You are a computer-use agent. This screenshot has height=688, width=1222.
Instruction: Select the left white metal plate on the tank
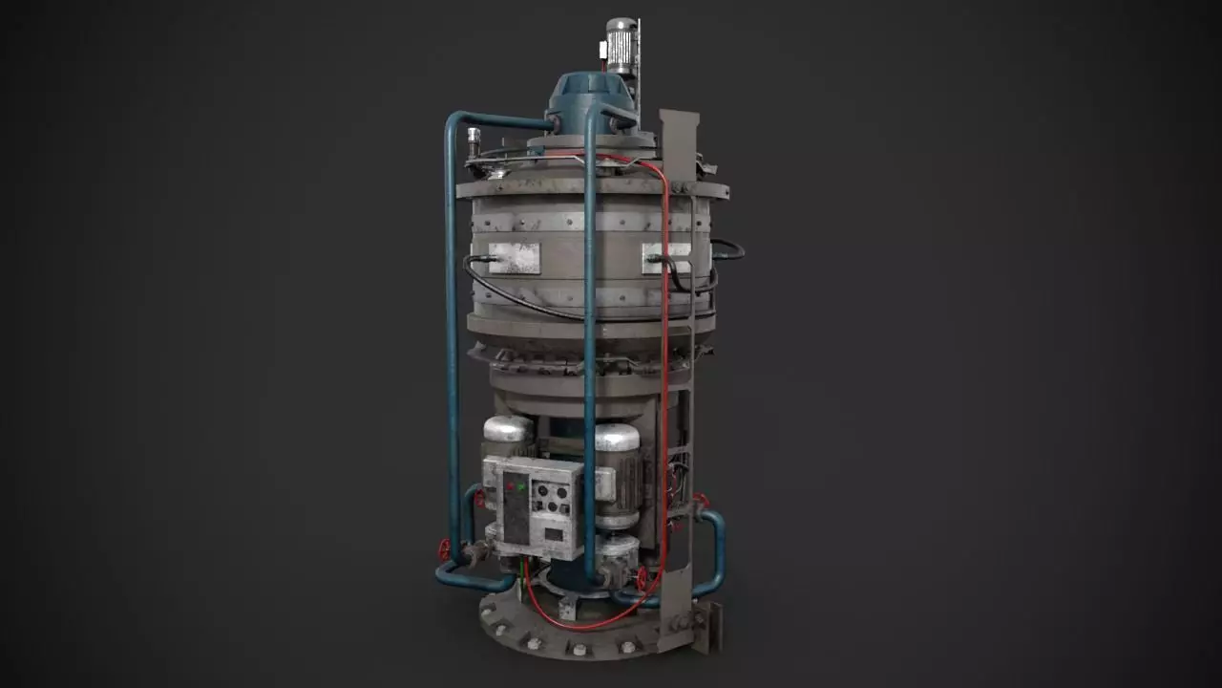(514, 257)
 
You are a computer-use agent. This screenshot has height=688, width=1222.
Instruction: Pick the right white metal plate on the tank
(666, 255)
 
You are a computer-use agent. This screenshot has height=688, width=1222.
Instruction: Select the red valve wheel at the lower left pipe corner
(444, 551)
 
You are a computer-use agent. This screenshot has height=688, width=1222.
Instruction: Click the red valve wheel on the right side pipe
(702, 500)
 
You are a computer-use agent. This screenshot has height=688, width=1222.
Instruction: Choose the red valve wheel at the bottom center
(643, 579)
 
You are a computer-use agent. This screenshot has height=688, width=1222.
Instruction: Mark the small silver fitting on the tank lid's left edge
(473, 143)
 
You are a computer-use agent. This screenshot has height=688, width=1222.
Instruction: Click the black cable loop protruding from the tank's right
(728, 249)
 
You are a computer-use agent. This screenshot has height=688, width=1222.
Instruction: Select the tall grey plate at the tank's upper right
(679, 143)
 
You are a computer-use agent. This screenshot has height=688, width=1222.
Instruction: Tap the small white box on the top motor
(603, 49)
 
